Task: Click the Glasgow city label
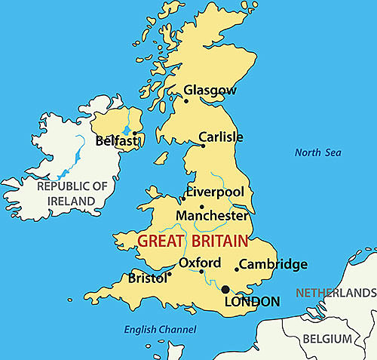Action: click(x=210, y=91)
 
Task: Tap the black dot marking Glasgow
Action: click(x=186, y=100)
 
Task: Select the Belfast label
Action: click(x=117, y=140)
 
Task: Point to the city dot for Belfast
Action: click(x=134, y=134)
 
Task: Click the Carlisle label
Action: click(x=221, y=137)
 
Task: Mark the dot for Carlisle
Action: click(x=203, y=146)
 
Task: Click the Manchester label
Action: click(x=212, y=215)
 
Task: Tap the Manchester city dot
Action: click(x=201, y=206)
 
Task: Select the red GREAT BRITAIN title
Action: click(x=192, y=242)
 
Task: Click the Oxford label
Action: click(x=200, y=263)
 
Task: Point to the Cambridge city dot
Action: click(x=237, y=269)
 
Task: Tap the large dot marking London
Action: click(x=225, y=289)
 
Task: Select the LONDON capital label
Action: click(x=253, y=301)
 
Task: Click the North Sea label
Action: click(x=317, y=152)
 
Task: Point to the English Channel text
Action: click(x=160, y=329)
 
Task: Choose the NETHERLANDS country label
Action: click(x=336, y=292)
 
